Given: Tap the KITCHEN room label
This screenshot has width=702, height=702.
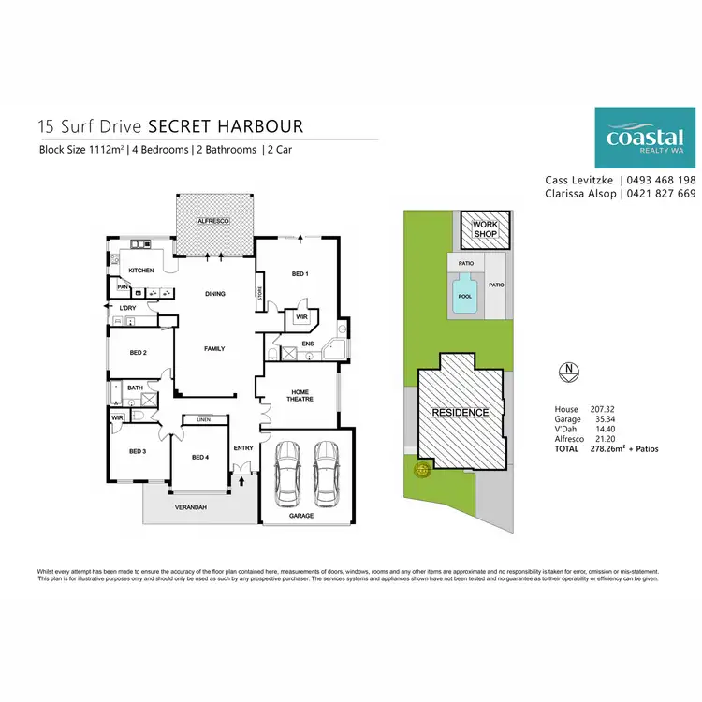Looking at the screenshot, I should coord(141,271).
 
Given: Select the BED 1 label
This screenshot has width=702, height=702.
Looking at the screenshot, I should coord(300,273).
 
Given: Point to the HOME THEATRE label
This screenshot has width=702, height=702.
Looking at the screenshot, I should coord(300,395).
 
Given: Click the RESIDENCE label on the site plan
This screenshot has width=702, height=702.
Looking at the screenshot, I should coord(459,412).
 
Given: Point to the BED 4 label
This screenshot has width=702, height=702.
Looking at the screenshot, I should coord(200,457).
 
